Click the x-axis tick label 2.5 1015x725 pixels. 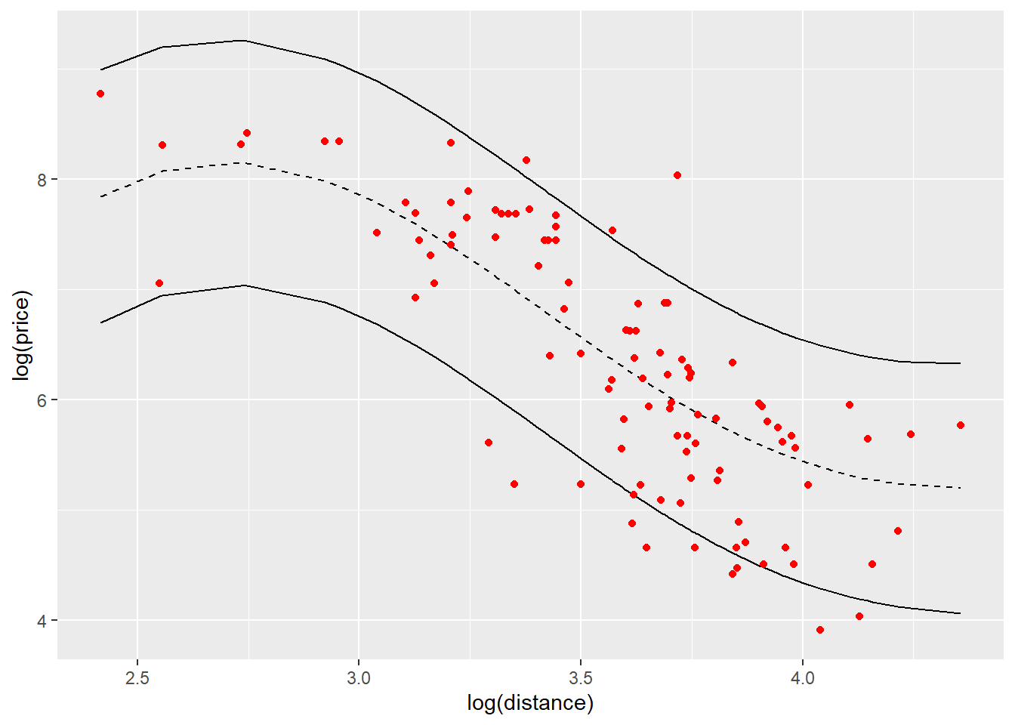[x=137, y=677]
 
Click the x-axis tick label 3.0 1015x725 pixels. [x=359, y=677]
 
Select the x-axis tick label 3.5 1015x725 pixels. [x=580, y=677]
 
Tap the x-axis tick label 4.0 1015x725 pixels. [x=802, y=677]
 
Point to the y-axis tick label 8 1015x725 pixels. [x=42, y=180]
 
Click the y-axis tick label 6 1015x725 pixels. [x=42, y=400]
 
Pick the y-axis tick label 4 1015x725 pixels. [x=42, y=621]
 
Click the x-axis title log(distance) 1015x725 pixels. [x=530, y=703]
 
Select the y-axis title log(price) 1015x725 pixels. [x=23, y=335]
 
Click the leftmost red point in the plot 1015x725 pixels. [x=100, y=94]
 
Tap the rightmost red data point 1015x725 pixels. [x=961, y=425]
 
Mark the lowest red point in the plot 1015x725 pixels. [x=820, y=630]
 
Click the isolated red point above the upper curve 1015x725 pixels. [x=677, y=175]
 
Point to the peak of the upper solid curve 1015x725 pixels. [x=243, y=41]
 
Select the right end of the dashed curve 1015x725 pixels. [x=961, y=488]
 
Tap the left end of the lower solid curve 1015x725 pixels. [x=100, y=322]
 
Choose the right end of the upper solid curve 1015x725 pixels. [x=961, y=363]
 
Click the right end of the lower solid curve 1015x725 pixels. [x=961, y=613]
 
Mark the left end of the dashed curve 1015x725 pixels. [x=100, y=196]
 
